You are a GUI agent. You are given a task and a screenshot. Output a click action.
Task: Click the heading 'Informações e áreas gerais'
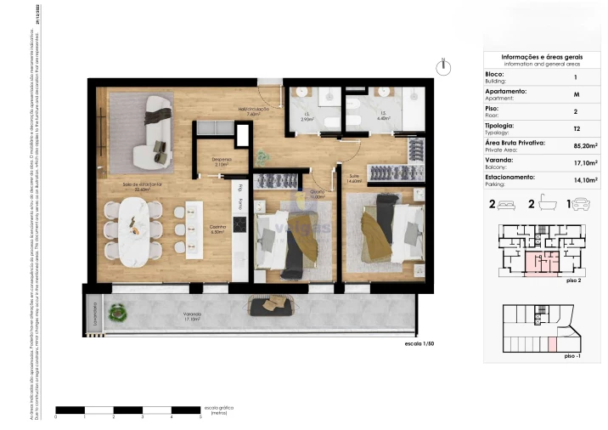coord(541,56)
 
